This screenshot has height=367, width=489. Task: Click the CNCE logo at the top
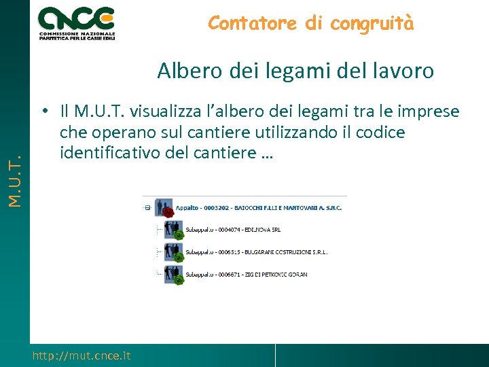(76, 23)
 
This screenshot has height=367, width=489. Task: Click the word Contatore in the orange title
(253, 23)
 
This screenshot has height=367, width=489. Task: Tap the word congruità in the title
(371, 23)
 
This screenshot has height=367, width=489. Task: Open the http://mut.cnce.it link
(81, 355)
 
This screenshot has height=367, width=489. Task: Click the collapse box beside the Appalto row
(147, 208)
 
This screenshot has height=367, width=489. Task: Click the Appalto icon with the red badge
(164, 208)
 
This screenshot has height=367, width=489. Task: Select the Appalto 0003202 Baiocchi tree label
(258, 208)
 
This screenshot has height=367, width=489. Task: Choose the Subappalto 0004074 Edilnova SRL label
(234, 230)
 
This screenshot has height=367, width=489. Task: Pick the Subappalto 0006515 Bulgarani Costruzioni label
(251, 252)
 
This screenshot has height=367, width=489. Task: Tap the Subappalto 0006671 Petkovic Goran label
(241, 275)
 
